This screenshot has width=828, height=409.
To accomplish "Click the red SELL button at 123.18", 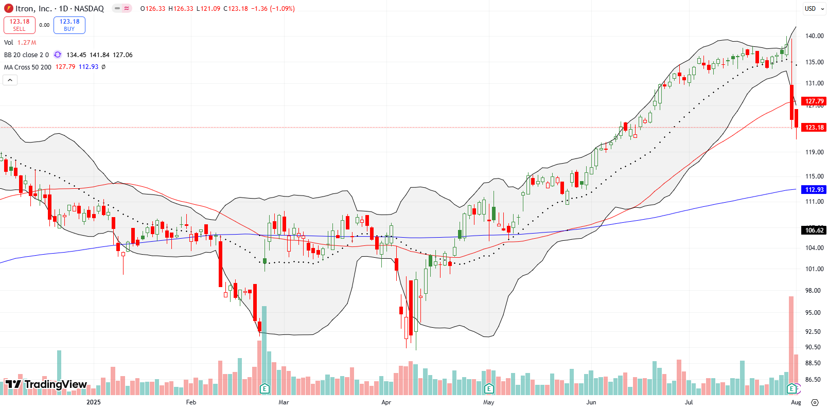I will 20,25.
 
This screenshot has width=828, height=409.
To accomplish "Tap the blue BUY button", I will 69,25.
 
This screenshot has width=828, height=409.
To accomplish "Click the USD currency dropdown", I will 814,9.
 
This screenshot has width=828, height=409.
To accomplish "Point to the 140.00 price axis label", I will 814,36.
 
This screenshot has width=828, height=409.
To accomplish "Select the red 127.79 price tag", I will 814,101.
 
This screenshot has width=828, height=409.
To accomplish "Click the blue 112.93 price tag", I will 814,190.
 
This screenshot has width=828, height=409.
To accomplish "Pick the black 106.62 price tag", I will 814,230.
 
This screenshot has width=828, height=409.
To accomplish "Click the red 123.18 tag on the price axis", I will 814,128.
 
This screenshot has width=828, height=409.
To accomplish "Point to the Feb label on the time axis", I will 191,402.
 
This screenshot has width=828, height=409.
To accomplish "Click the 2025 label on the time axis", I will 94,402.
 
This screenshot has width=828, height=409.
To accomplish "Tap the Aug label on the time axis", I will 796,402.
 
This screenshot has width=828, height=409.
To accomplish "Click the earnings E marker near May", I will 489,388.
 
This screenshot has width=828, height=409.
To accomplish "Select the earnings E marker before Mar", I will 265,388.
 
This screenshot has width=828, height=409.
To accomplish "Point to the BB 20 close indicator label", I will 26,55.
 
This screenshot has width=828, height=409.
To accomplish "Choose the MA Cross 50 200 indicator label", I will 28,67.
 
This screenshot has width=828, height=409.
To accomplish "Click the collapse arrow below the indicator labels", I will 10,80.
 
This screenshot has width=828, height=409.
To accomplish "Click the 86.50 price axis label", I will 813,380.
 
